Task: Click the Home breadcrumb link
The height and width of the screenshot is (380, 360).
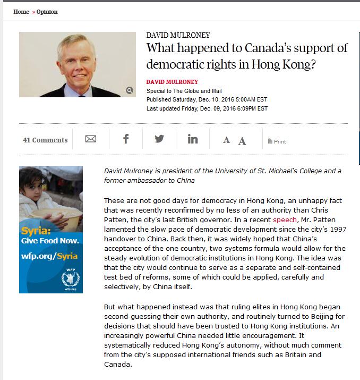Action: coord(21,12)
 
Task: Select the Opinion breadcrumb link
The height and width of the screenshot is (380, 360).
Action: coord(47,12)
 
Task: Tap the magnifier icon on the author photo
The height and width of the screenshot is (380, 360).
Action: coord(130,90)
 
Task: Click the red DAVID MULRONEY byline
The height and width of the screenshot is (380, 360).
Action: coord(172,82)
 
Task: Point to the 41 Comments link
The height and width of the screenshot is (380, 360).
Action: coord(45,140)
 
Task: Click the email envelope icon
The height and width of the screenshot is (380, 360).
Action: coord(91,139)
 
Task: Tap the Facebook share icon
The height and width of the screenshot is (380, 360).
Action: coord(126,139)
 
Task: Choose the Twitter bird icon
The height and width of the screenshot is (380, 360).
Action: coord(159,139)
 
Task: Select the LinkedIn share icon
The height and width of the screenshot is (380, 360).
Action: coord(193,139)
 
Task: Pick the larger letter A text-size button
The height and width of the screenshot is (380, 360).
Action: coord(242,141)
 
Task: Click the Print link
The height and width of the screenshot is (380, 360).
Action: coord(277,141)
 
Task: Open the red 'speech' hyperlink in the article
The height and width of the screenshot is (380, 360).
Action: coord(285,219)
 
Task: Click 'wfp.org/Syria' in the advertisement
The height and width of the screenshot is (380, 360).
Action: coord(49,256)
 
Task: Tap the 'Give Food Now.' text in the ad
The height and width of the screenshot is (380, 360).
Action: coord(50,241)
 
